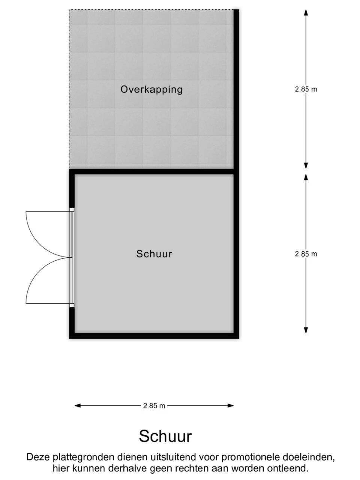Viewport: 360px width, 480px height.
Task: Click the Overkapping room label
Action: (x=151, y=90)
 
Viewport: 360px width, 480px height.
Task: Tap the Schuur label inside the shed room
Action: (x=154, y=254)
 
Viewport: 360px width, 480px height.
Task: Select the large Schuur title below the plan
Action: (x=165, y=436)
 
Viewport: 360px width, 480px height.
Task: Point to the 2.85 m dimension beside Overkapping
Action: (x=306, y=89)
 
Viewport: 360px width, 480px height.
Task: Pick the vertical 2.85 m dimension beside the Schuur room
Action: (x=306, y=254)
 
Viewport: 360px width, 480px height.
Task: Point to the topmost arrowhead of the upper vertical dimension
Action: (x=306, y=13)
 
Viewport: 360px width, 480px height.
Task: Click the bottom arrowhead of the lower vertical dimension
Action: (x=306, y=330)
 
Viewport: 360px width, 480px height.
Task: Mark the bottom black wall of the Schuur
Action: (x=154, y=336)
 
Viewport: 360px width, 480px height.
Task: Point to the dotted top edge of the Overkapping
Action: (x=151, y=10)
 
